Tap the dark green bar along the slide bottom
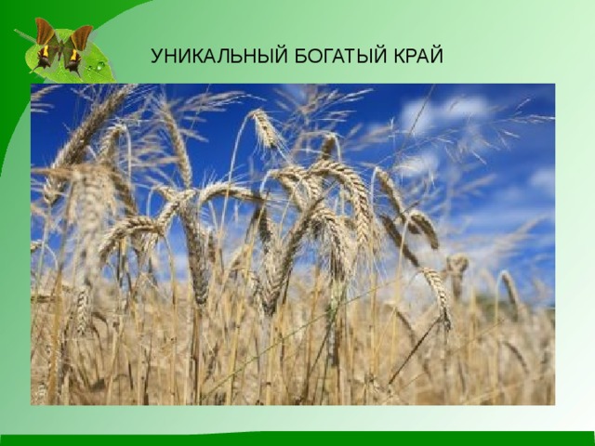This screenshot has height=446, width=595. [x=297, y=439]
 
